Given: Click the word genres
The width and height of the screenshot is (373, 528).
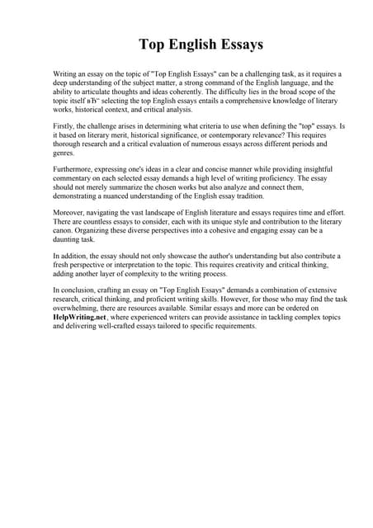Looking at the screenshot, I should tap(64, 153).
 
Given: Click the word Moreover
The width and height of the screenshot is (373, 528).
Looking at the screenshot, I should tap(71, 214).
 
